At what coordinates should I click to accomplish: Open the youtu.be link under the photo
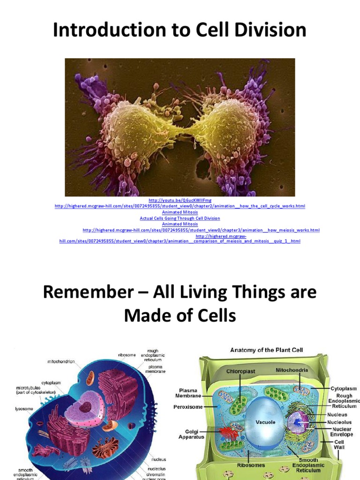click(180, 200)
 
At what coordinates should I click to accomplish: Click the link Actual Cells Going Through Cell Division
click(180, 218)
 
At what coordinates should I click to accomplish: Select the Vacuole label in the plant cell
click(265, 422)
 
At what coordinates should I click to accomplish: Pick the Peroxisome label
click(187, 407)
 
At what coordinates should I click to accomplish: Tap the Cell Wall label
click(338, 444)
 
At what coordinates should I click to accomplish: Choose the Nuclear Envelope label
click(341, 432)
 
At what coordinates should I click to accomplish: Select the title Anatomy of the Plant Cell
click(266, 350)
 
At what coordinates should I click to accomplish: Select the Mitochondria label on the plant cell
click(291, 370)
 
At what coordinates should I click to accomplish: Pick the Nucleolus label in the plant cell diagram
click(337, 422)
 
